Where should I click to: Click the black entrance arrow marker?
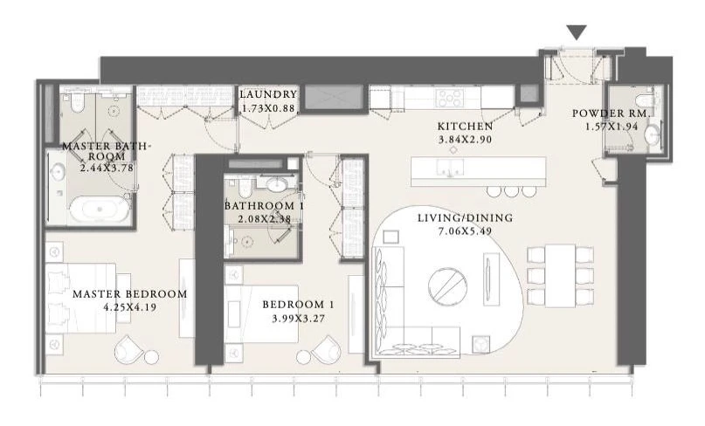tap(577, 32)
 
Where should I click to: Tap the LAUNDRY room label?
tap(268, 94)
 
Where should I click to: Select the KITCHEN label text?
tap(465, 127)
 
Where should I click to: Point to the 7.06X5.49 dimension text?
tap(465, 231)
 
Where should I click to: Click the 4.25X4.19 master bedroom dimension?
tap(130, 308)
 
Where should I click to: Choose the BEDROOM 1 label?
tap(298, 305)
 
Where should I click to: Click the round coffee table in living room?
tap(448, 286)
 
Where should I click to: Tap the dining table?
tap(560, 276)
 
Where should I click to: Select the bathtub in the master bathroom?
tap(100, 209)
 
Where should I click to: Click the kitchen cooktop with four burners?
tap(451, 98)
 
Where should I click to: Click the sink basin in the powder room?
tap(652, 134)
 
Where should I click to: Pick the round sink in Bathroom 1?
tap(275, 184)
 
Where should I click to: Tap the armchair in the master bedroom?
tap(130, 348)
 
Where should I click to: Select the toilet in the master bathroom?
tap(78, 102)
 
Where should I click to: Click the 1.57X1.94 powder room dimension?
tap(612, 127)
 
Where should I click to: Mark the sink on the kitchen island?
tap(451, 168)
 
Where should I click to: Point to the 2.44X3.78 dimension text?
tap(107, 168)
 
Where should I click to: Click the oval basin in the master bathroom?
tap(58, 172)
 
